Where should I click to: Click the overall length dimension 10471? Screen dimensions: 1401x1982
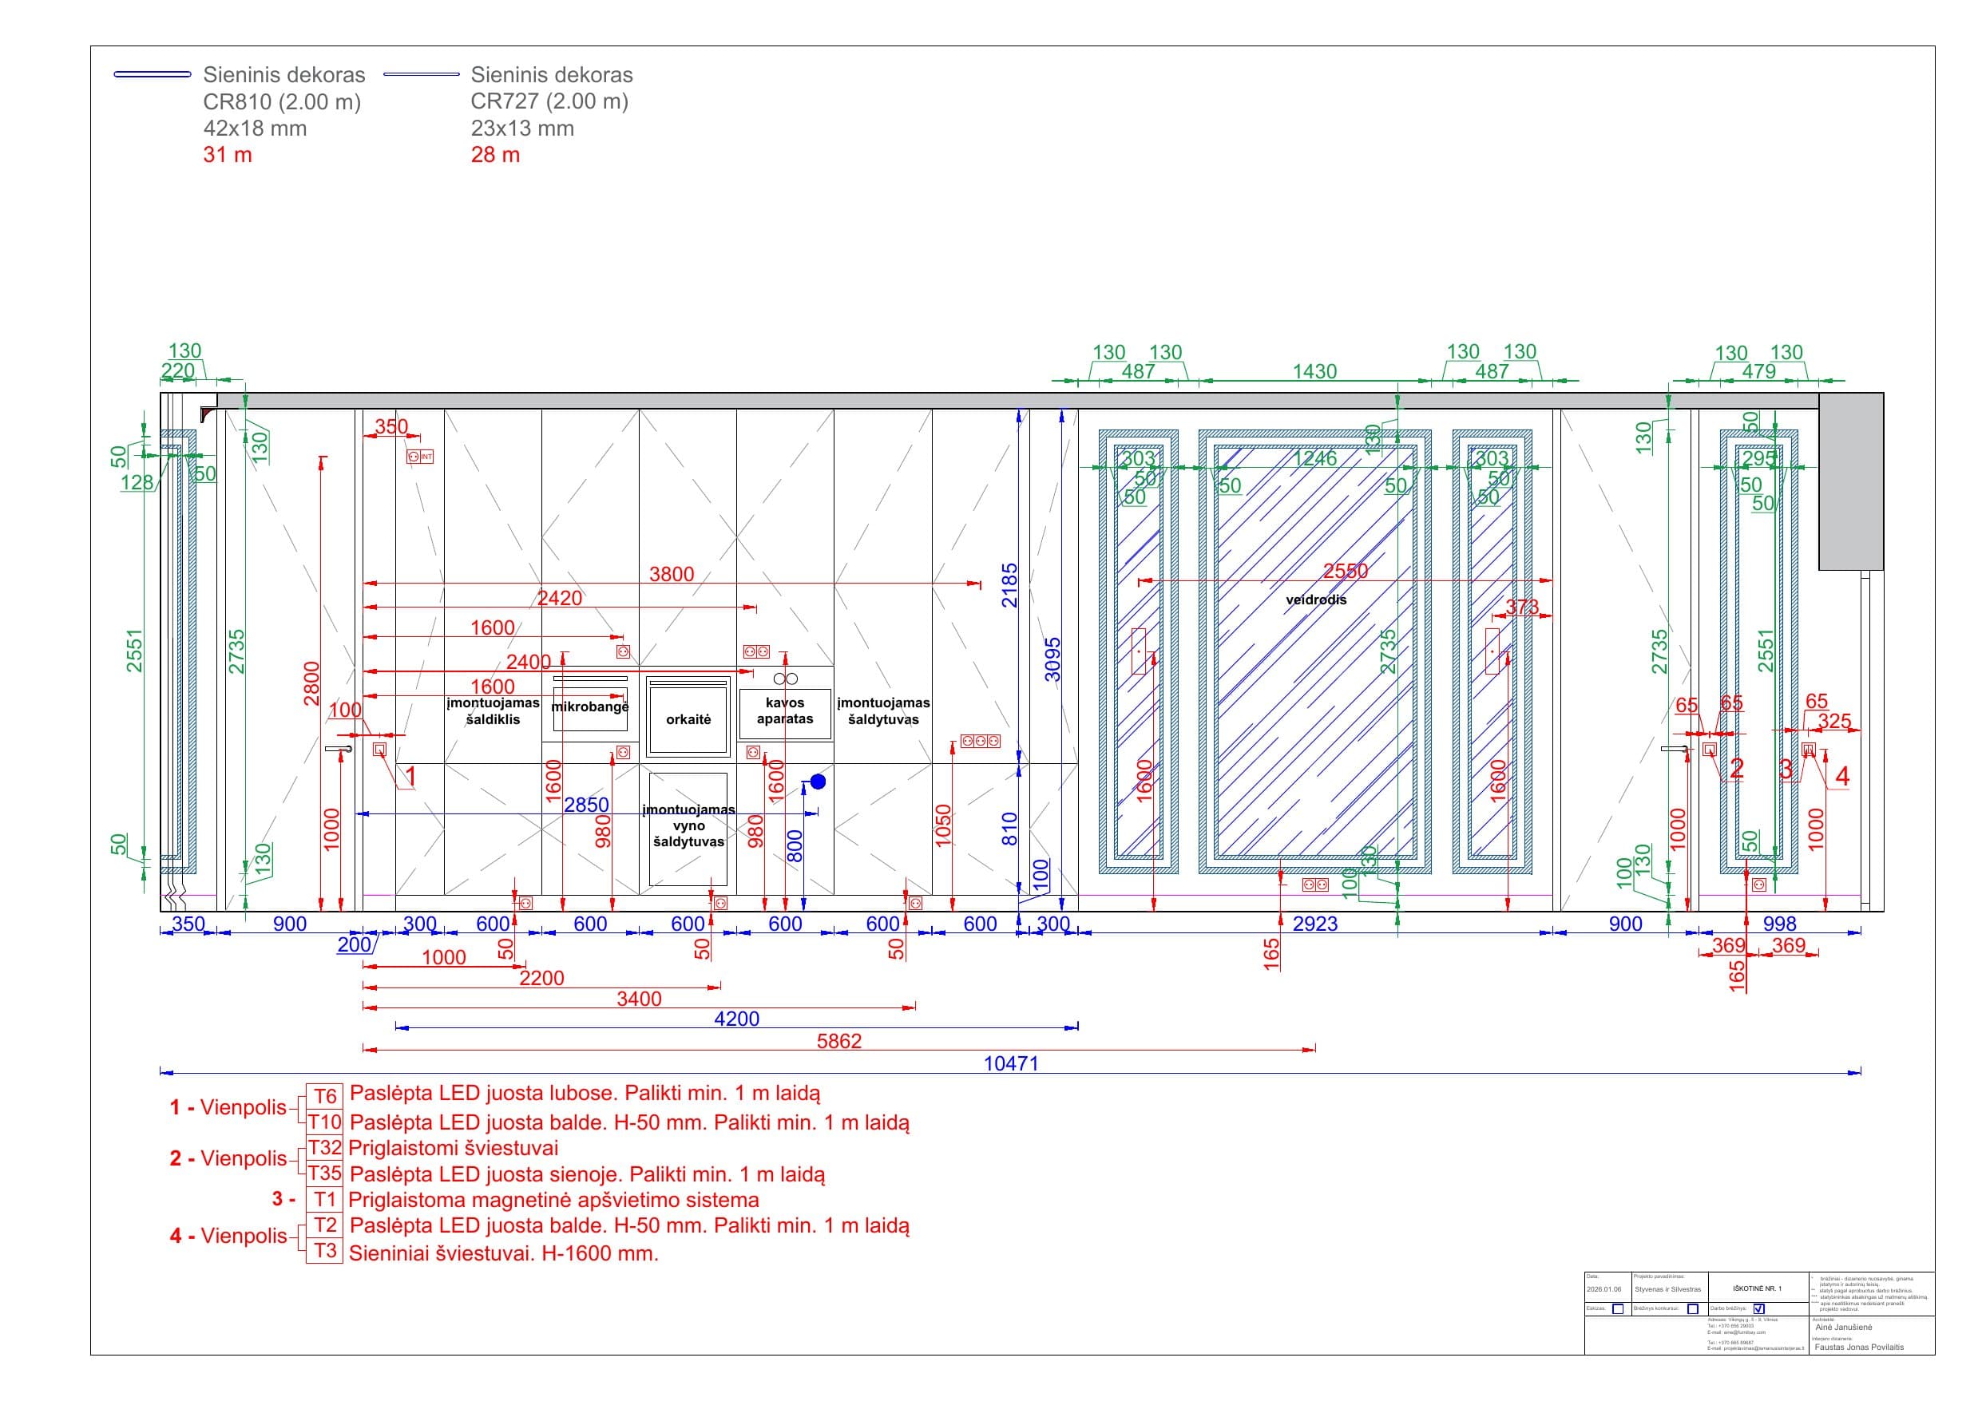click(x=1011, y=1063)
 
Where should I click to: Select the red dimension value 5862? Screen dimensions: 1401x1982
click(x=839, y=1041)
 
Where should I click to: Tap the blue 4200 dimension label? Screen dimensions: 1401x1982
click(x=736, y=1019)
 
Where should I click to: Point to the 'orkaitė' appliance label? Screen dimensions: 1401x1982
click(x=688, y=719)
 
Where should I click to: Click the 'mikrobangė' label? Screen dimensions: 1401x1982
click(x=589, y=707)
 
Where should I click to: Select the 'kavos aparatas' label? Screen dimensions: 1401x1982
click(x=785, y=710)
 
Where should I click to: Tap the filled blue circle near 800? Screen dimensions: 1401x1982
click(x=818, y=782)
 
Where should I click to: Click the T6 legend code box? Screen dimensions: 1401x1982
click(x=324, y=1095)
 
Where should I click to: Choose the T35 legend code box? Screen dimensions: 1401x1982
click(x=324, y=1173)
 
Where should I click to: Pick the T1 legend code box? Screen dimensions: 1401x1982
click(x=324, y=1199)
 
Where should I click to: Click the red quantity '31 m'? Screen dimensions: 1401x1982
click(x=228, y=156)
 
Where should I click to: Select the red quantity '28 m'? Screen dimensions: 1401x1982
click(x=495, y=156)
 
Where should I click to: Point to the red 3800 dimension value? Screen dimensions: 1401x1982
click(x=672, y=574)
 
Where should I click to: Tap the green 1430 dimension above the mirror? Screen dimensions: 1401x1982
click(x=1314, y=371)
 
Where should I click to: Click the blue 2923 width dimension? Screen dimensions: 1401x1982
click(x=1314, y=924)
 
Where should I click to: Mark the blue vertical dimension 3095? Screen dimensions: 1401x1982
click(x=1052, y=659)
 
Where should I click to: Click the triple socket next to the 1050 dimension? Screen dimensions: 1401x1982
click(x=980, y=741)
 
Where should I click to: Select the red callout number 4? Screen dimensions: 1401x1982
click(x=1842, y=776)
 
